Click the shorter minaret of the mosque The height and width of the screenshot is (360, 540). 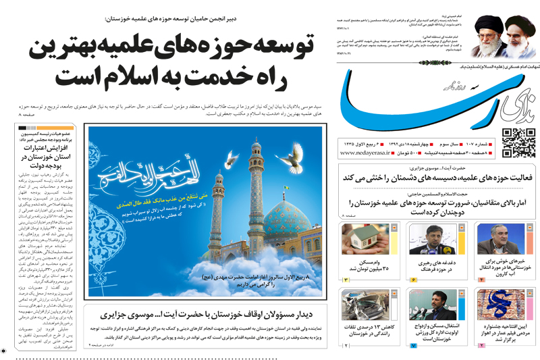216,223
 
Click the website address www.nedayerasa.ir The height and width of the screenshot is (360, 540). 367,153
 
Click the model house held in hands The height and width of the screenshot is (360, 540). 366,238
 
